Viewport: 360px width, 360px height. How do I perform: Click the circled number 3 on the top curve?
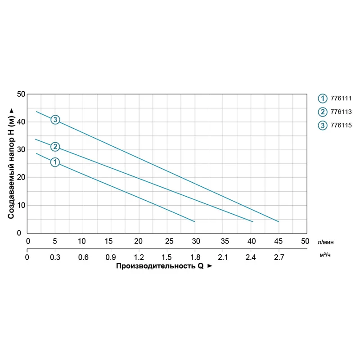[x=55, y=119]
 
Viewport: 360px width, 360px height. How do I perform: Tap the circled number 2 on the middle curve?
[x=55, y=147]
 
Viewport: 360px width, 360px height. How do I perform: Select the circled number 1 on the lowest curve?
[x=55, y=162]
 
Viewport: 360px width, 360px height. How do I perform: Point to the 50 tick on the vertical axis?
[x=20, y=94]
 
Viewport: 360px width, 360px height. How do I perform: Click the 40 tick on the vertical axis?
[x=20, y=122]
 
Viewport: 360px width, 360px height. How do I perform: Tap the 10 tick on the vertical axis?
[x=20, y=205]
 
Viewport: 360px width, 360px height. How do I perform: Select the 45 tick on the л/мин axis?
[x=279, y=241]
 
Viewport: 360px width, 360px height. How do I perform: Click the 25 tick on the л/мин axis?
[x=166, y=241]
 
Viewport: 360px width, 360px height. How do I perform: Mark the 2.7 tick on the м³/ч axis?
[x=279, y=257]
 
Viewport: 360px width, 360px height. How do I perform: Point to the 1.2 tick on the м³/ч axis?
[x=139, y=257]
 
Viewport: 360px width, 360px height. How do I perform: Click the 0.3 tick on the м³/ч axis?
[x=55, y=257]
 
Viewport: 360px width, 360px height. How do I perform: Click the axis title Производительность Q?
[x=160, y=266]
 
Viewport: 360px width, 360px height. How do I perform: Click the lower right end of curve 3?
[x=279, y=222]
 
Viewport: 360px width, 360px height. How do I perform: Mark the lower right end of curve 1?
[x=195, y=222]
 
